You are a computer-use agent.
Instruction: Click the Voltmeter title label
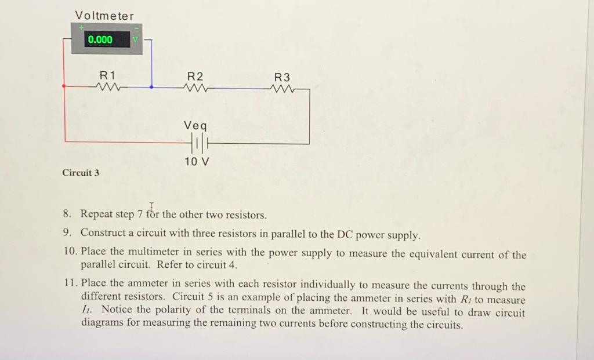tap(104, 16)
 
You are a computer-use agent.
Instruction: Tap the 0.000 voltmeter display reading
tap(100, 39)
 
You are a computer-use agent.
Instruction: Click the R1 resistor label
tap(107, 75)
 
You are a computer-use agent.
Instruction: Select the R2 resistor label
tap(195, 76)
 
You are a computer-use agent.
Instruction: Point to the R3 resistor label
tap(282, 77)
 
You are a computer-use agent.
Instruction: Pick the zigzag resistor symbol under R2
tap(195, 88)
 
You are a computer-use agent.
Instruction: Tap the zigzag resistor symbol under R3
tap(282, 89)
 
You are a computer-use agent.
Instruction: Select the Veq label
tap(195, 125)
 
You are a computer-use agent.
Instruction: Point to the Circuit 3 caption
tap(81, 173)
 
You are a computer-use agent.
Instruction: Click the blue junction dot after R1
tap(151, 87)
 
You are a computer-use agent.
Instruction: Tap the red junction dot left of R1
tap(64, 86)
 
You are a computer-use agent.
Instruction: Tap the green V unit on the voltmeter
tap(136, 39)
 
